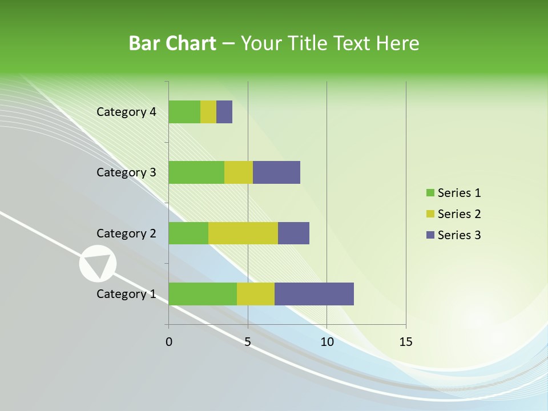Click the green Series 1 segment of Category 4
pos(184,112)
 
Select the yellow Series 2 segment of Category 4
pos(208,112)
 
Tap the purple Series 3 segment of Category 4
pos(224,112)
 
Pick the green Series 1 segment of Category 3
pos(196,172)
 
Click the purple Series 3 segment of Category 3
pos(276,172)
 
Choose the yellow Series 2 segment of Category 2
pos(243,233)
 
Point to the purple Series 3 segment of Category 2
pos(293,233)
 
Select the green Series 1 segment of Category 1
pos(203,294)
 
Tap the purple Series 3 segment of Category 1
pos(314,294)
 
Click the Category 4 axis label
pos(126,112)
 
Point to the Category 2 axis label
pos(126,233)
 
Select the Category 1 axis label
pos(126,294)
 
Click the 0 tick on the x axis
pos(169,342)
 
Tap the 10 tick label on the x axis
pos(327,342)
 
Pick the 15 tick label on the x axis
pos(406,342)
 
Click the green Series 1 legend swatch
pos(430,193)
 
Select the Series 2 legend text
pos(459,214)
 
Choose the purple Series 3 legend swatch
pos(430,235)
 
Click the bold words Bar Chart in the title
pos(172,43)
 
